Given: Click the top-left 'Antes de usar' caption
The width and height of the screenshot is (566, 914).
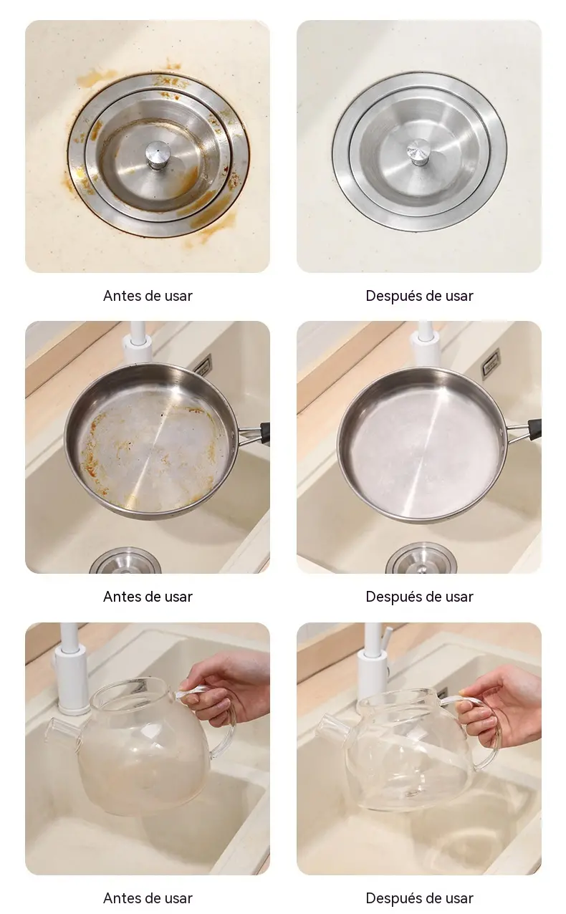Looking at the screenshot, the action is click(148, 296).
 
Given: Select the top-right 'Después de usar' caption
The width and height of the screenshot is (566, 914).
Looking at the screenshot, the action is click(420, 296).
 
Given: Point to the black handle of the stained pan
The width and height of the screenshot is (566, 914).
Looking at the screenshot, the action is click(264, 433).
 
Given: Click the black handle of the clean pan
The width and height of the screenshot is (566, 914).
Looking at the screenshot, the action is click(534, 430).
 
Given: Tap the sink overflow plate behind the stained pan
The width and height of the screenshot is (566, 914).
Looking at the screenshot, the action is click(203, 365).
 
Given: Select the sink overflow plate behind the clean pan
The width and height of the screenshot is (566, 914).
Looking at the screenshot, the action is click(490, 364).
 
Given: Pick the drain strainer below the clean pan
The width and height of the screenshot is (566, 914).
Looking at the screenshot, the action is click(421, 558).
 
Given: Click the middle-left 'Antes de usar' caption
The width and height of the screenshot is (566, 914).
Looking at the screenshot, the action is click(148, 597).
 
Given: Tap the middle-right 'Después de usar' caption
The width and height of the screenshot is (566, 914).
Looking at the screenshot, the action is click(420, 597).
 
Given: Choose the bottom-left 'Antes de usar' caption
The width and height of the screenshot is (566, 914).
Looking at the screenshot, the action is click(148, 898).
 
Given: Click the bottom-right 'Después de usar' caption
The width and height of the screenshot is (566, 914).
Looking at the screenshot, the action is click(420, 898).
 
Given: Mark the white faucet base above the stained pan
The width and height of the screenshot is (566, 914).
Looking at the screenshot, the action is click(138, 347).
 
